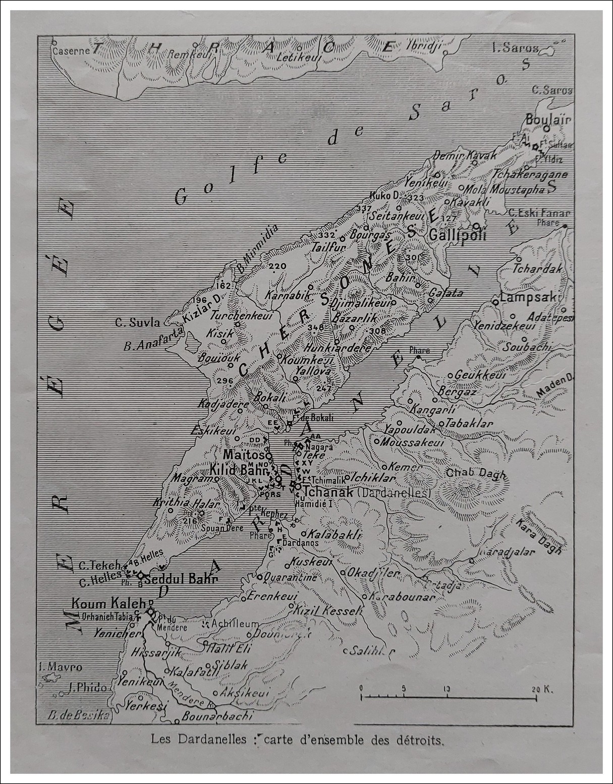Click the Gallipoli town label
coord(457,235)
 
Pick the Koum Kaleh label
coord(108,603)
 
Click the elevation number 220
coord(277,266)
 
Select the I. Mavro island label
coord(60,667)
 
